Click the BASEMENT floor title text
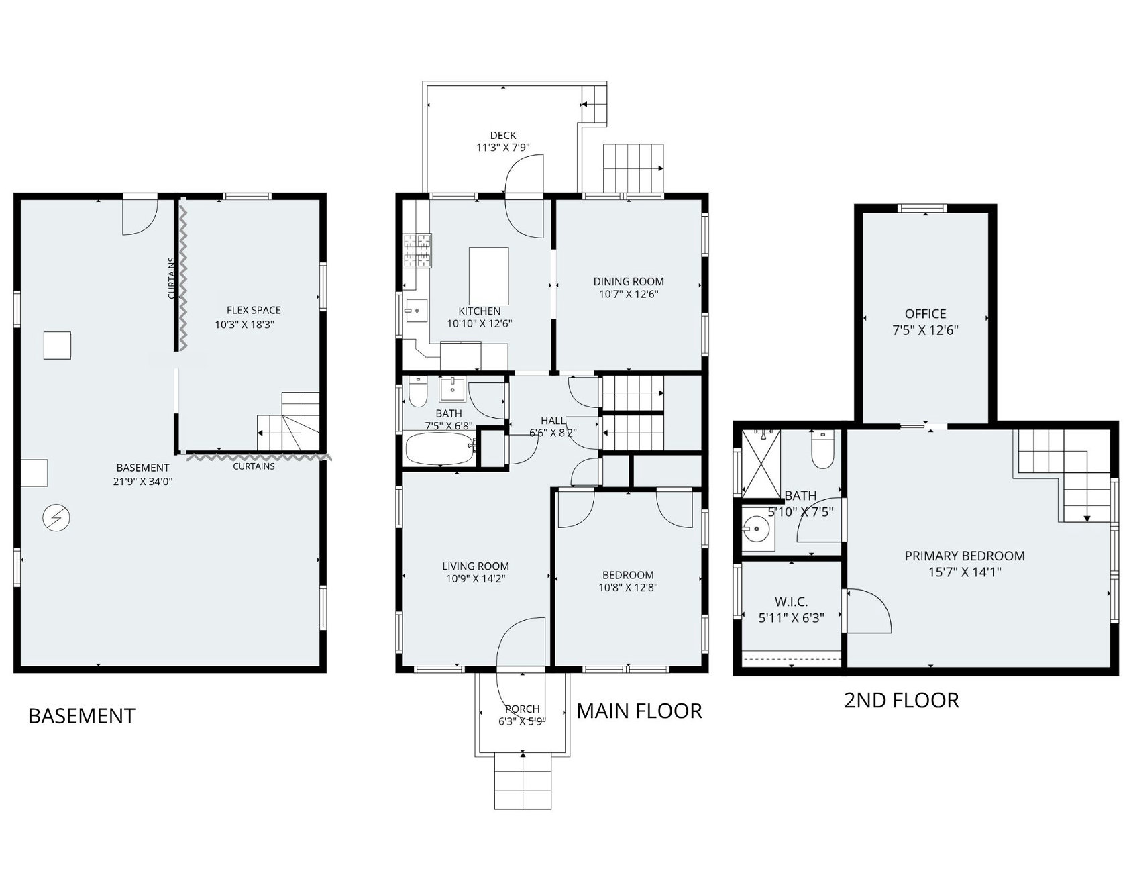82,716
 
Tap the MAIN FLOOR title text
639,711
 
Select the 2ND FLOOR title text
902,701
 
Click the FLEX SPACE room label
254,310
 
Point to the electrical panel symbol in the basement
56,518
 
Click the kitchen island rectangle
488,276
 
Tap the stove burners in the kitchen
417,250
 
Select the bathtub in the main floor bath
441,448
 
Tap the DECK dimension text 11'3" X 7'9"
503,148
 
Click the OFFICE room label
926,314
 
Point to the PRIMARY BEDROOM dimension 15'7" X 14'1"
964,572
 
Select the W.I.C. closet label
792,602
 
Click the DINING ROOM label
629,282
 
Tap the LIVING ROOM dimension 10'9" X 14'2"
476,578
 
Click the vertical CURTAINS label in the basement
172,278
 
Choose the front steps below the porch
523,780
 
